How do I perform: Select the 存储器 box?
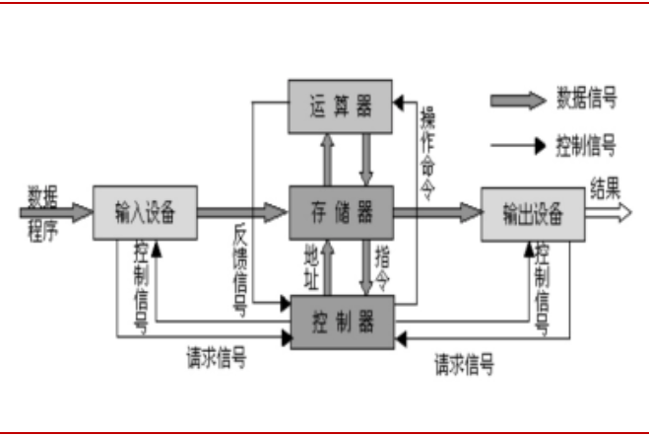click(341, 212)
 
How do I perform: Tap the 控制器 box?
click(341, 320)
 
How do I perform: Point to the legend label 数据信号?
click(587, 99)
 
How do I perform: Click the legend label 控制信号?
click(587, 147)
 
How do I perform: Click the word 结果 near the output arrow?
click(606, 187)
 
